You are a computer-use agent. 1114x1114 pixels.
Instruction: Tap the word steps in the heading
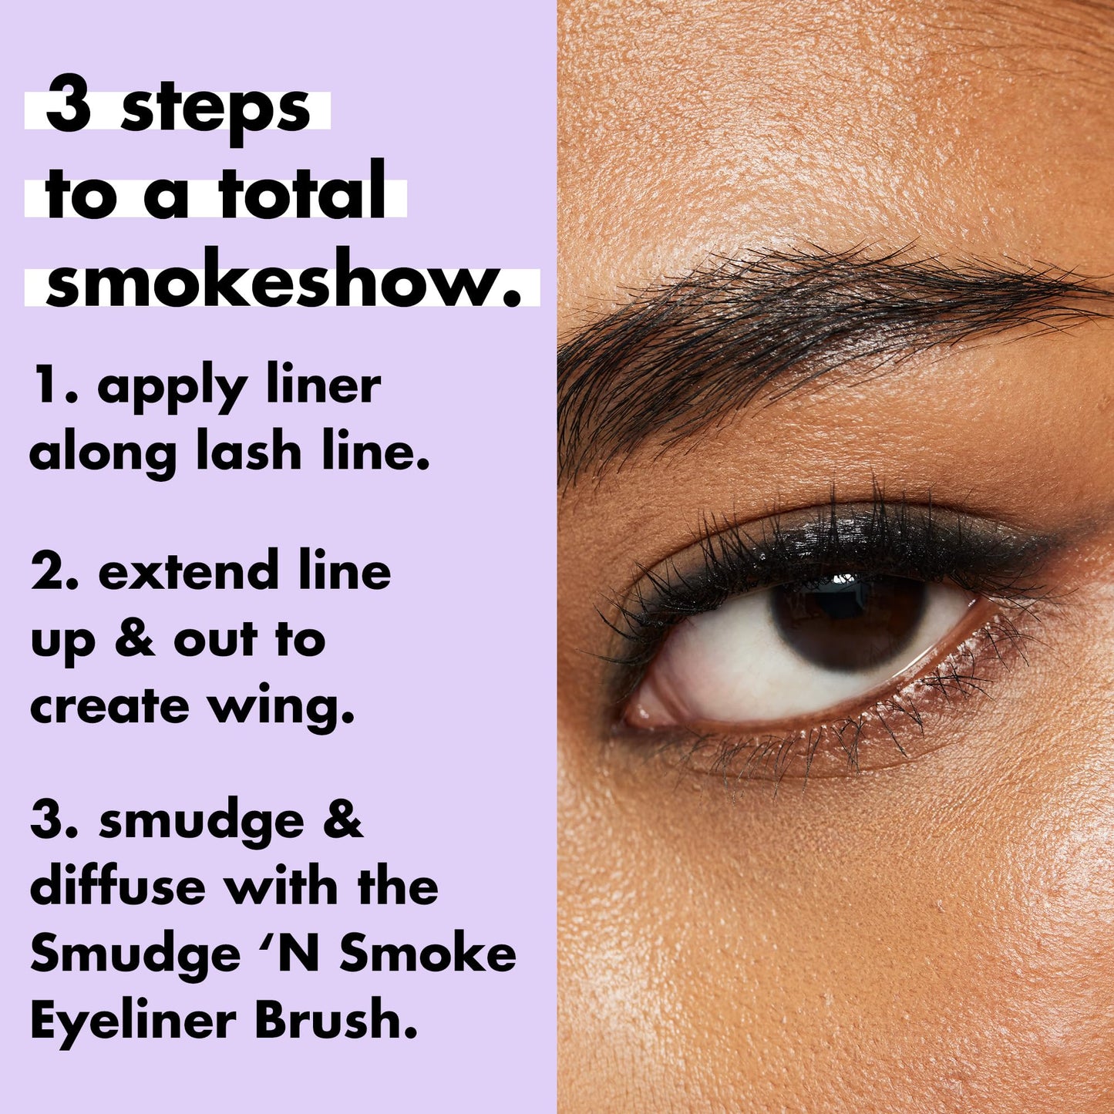click(x=215, y=110)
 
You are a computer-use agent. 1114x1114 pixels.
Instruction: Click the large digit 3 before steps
click(x=69, y=106)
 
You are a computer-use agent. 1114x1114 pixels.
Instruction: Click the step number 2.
click(x=49, y=572)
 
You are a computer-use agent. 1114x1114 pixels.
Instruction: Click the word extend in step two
click(x=188, y=571)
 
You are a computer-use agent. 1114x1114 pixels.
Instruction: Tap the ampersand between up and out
click(x=135, y=639)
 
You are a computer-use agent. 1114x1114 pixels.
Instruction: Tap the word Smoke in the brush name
click(x=427, y=954)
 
